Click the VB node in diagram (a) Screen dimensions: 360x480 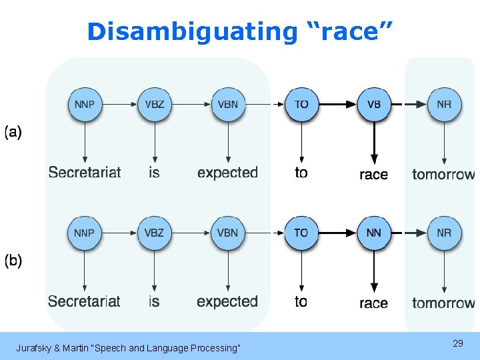pyautogui.click(x=374, y=105)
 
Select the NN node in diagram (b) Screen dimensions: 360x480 pyautogui.click(x=374, y=233)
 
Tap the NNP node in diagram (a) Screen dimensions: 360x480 pyautogui.click(x=85, y=105)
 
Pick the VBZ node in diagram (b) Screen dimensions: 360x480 pyautogui.click(x=155, y=233)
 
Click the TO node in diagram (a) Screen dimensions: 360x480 pyautogui.click(x=301, y=105)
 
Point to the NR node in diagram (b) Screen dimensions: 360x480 pyautogui.click(x=444, y=233)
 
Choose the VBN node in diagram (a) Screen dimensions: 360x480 pyautogui.click(x=228, y=105)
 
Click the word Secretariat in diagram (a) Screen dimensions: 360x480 pyautogui.click(x=85, y=173)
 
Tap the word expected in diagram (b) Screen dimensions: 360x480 pyautogui.click(x=227, y=301)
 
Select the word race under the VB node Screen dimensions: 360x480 pyautogui.click(x=373, y=175)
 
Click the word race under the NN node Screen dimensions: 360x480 pyautogui.click(x=373, y=303)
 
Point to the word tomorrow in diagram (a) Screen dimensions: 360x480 pyautogui.click(x=443, y=175)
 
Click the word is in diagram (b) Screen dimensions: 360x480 pyautogui.click(x=154, y=301)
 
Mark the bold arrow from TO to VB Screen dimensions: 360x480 pyautogui.click(x=337, y=105)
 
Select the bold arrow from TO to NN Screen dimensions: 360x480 pyautogui.click(x=337, y=233)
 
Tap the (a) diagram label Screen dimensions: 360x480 pyautogui.click(x=13, y=132)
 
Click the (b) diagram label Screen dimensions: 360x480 pyautogui.click(x=13, y=261)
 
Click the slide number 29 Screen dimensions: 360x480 pyautogui.click(x=457, y=343)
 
